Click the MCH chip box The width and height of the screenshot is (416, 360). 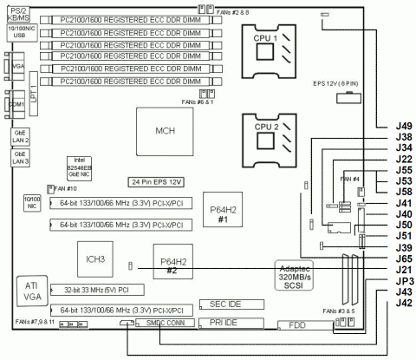pyautogui.click(x=164, y=131)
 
